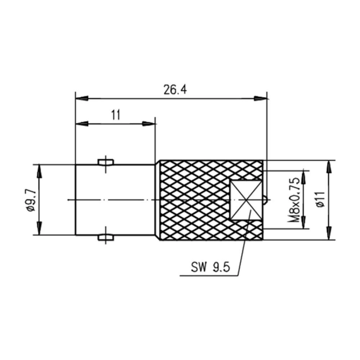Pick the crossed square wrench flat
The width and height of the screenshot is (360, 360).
click(247, 200)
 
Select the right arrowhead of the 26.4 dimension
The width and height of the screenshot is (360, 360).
click(260, 98)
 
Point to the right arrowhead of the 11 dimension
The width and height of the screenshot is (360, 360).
click(148, 123)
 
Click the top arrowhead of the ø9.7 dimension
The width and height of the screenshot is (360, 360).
click(39, 171)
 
